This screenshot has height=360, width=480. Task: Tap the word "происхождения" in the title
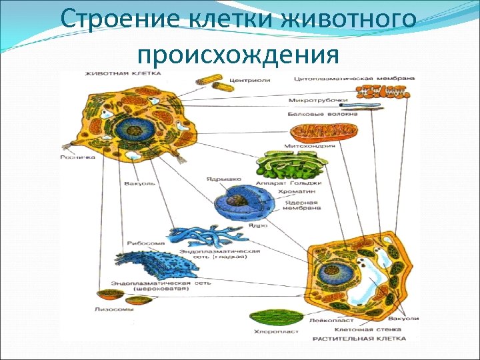click(239, 53)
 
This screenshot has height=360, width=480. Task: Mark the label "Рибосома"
click(142, 243)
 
